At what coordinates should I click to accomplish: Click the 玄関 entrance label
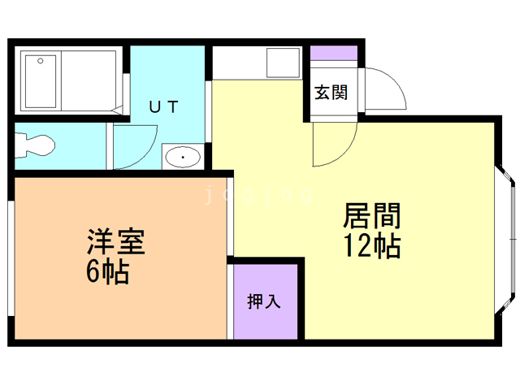point(331,92)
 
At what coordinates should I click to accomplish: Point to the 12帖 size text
point(372,245)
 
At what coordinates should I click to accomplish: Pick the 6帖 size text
point(107,273)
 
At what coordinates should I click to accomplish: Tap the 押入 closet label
point(264,301)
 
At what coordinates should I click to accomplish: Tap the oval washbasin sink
point(183,156)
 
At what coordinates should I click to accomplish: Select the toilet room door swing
point(134,146)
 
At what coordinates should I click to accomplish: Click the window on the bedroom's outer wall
point(10,256)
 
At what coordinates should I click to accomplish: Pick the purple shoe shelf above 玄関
point(333,54)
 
